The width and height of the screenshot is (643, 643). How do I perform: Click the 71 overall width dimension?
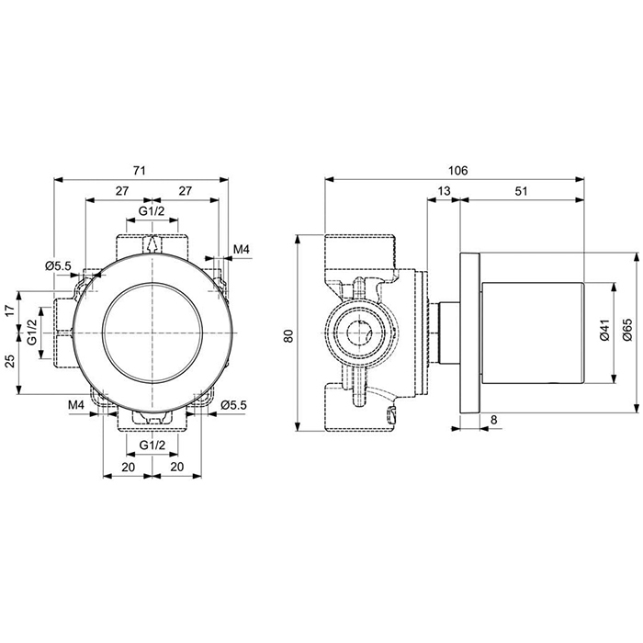pyautogui.click(x=140, y=170)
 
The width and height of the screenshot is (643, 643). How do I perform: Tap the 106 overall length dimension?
pyautogui.click(x=457, y=170)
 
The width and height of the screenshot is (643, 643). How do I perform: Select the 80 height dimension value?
pyautogui.click(x=289, y=336)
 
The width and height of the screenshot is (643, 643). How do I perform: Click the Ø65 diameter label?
pyautogui.click(x=627, y=332)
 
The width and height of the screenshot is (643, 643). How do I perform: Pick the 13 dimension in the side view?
pyautogui.click(x=444, y=191)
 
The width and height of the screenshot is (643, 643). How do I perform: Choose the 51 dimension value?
pyautogui.click(x=521, y=191)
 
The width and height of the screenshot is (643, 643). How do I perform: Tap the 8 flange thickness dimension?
pyautogui.click(x=494, y=420)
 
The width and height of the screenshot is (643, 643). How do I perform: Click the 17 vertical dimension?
pyautogui.click(x=11, y=310)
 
